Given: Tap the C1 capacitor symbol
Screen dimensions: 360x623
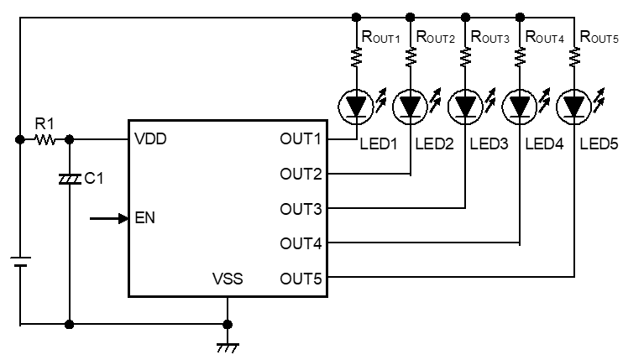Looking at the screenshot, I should click(69, 179).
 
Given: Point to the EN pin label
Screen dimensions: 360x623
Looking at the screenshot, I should click(144, 218).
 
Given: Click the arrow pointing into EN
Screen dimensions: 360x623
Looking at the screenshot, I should click(107, 218).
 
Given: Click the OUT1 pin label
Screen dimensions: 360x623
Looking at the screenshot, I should click(301, 138).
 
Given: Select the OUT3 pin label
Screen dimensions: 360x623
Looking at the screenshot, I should click(301, 207).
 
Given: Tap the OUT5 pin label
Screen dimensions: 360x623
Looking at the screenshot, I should click(301, 277).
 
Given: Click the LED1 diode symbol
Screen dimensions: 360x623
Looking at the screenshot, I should click(355, 107).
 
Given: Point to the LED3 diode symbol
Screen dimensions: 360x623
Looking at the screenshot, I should click(464, 107).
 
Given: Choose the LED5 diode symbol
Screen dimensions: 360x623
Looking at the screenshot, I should click(574, 107).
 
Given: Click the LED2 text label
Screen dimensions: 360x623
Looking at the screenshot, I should click(433, 145).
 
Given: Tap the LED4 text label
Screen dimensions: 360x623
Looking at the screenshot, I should click(543, 145).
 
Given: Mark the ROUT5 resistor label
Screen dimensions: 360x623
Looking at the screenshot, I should click(599, 36).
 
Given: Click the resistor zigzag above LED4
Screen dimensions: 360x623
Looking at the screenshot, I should click(520, 56).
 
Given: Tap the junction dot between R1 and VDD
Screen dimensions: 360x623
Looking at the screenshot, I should click(69, 139).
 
